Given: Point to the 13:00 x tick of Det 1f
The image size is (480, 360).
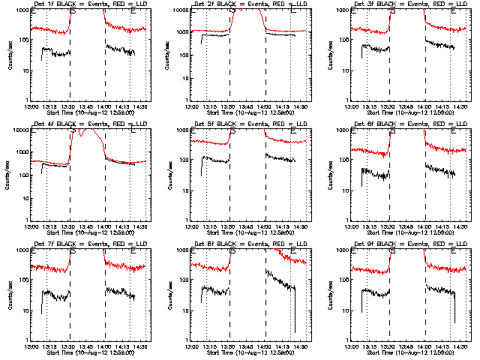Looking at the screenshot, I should pos(31,106).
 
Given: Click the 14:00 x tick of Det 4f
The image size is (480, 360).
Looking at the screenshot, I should pos(104,226).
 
